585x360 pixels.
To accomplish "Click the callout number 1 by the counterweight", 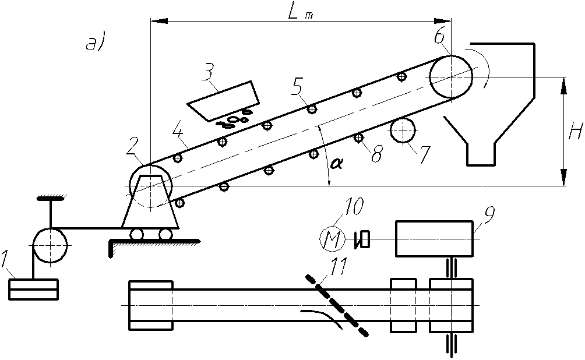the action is [5, 260].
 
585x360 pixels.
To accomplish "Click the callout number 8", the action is [377, 153].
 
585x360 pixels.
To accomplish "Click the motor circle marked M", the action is [332, 239].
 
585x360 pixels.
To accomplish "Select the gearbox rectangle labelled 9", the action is [435, 239].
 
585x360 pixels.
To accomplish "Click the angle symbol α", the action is [336, 164].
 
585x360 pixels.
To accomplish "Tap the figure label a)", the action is [96, 43].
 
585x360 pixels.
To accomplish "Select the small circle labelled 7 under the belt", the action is [403, 130].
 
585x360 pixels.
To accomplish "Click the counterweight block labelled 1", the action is [33, 289].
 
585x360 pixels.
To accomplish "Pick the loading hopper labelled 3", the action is [224, 101].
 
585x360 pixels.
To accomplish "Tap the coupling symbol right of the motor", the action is [362, 239].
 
